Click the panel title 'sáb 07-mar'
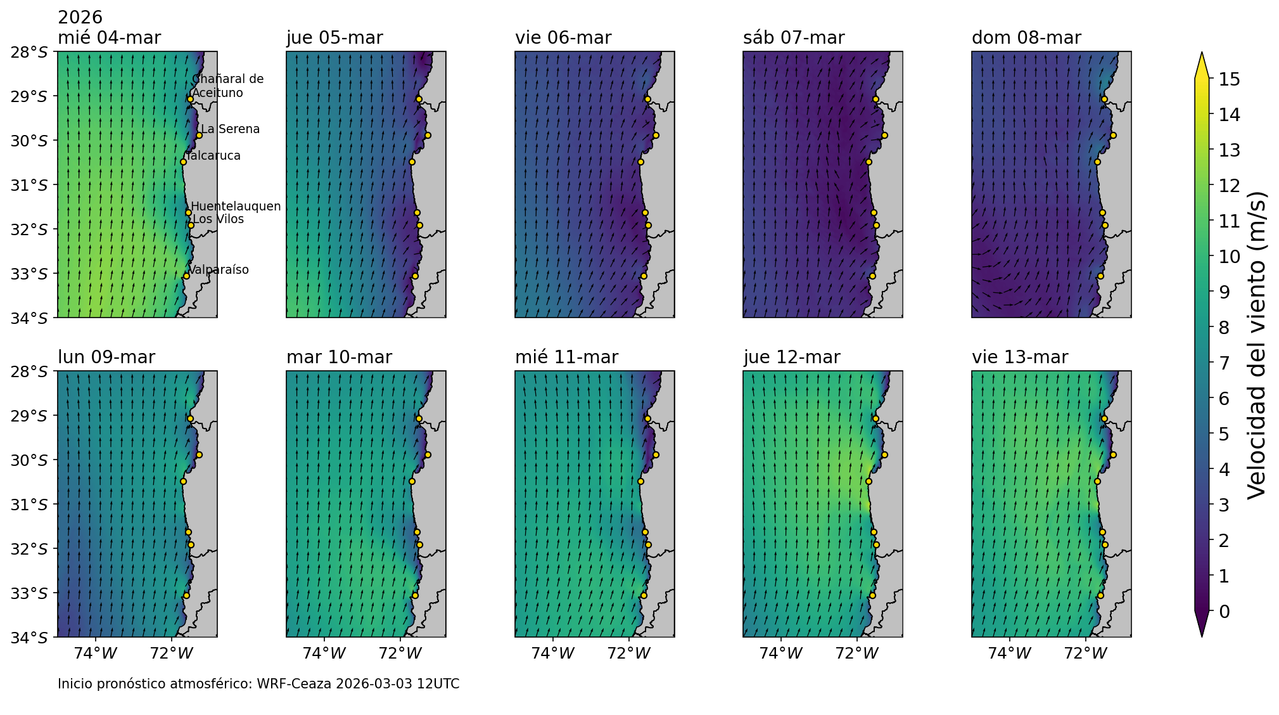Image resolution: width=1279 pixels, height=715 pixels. point(794,38)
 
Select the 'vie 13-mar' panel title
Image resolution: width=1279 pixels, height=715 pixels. point(1020,357)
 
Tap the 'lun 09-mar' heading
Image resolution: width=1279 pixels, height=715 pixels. point(106,357)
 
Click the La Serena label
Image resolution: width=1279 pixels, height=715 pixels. point(231,129)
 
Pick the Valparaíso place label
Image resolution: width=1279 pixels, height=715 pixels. point(219,270)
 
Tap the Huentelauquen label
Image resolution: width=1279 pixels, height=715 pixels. point(236,207)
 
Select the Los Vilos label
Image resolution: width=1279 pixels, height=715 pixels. point(219,219)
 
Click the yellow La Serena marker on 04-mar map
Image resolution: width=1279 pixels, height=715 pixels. point(199,135)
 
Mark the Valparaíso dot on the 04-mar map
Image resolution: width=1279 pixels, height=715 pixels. point(186,276)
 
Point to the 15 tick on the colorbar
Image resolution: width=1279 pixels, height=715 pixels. point(1225,79)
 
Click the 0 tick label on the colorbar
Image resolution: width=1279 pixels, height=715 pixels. point(1225,612)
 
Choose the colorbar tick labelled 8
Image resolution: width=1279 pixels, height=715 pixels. point(1225,328)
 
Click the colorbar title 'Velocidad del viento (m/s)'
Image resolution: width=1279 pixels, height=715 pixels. point(1256,345)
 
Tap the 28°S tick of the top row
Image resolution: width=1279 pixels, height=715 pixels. point(29,52)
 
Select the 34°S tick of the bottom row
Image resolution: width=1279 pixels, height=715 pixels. point(29,638)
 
